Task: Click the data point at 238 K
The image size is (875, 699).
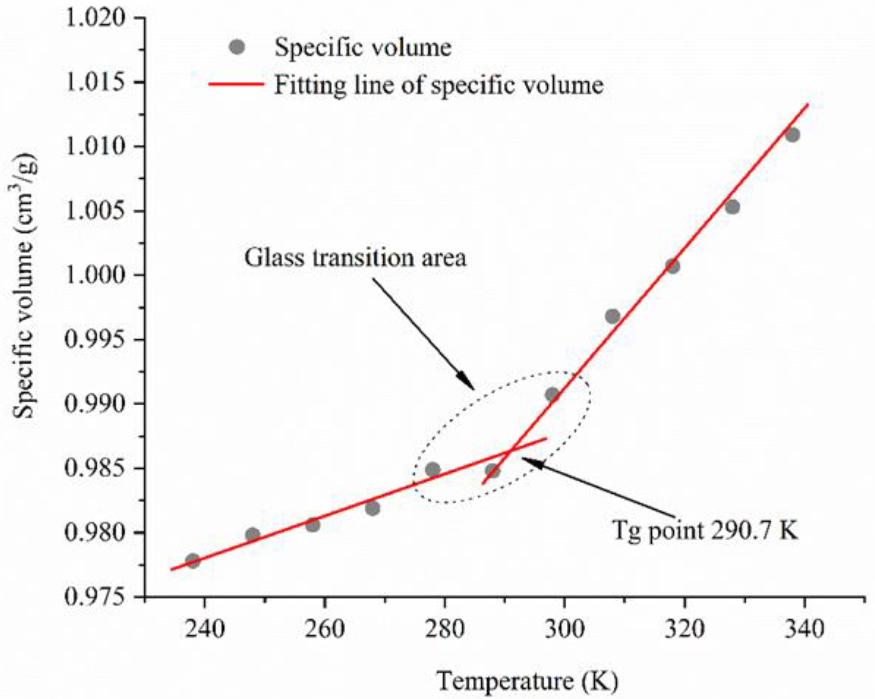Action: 193,561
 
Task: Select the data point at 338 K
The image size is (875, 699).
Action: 792,135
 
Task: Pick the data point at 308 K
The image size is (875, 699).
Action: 612,316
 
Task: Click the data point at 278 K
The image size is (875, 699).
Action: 433,470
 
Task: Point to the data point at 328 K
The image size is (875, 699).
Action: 732,207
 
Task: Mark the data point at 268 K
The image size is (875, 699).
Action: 373,508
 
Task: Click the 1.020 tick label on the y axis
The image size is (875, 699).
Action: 96,18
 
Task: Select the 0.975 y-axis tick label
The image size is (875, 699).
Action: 96,597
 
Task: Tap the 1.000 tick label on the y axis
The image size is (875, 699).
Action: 96,275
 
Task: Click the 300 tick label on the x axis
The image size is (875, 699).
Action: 564,629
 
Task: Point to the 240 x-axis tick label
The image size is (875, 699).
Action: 205,629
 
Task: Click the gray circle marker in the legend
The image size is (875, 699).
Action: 237,47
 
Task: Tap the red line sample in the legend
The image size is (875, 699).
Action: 236,85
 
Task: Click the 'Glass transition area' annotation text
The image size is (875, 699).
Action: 355,258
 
